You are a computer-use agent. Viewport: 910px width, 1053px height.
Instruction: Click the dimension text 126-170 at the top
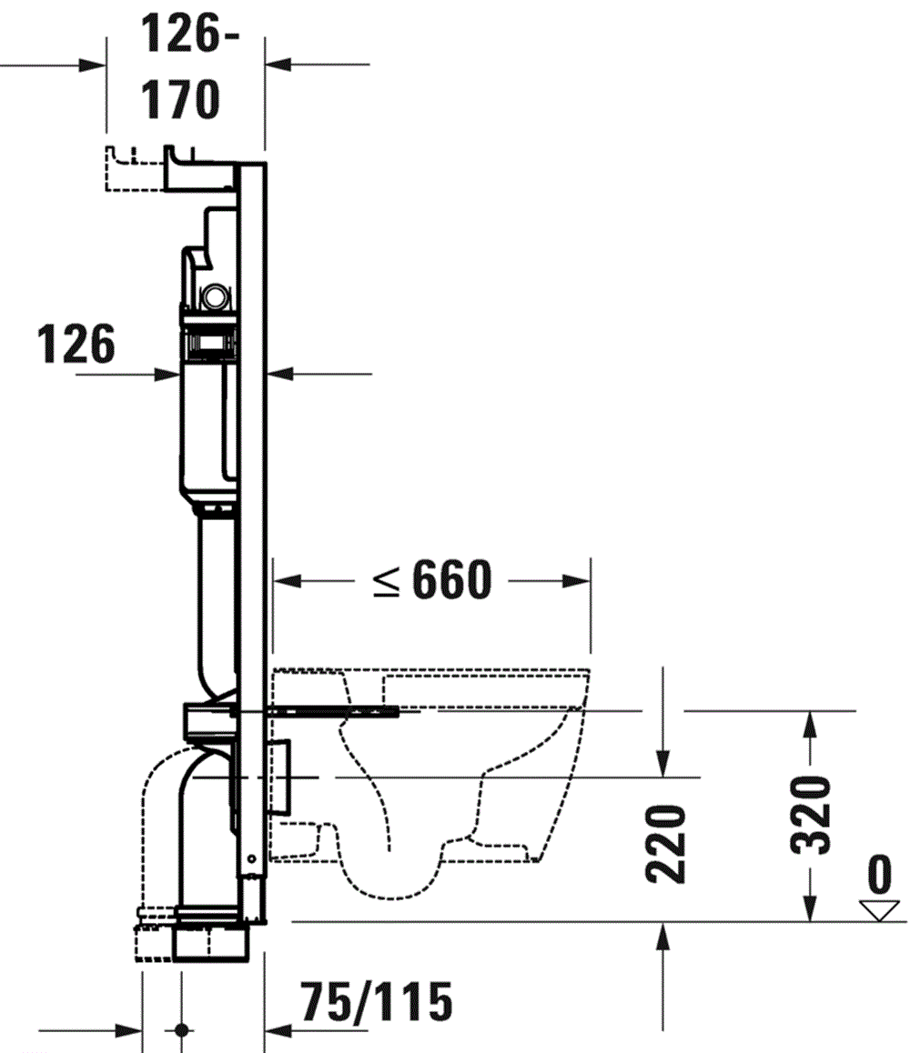[x=180, y=68]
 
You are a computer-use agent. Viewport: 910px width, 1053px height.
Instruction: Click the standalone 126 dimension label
[x=77, y=345]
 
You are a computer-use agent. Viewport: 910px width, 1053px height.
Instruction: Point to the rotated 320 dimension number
[x=807, y=815]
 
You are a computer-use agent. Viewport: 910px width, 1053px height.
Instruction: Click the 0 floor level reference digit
[x=878, y=875]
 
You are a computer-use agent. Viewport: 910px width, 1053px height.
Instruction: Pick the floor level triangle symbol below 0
[x=878, y=910]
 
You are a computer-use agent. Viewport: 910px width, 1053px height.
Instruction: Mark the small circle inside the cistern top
[x=217, y=296]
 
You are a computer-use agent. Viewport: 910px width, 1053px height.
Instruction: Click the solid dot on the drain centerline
[x=180, y=1031]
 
